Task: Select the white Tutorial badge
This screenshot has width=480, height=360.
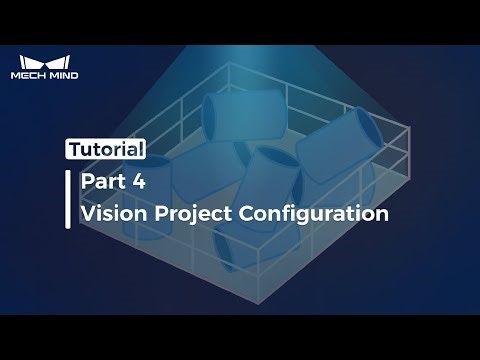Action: click(x=107, y=150)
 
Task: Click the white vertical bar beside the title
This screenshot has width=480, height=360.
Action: click(x=68, y=198)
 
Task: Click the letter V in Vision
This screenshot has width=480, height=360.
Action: click(x=87, y=213)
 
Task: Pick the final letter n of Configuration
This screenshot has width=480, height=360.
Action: click(x=381, y=213)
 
